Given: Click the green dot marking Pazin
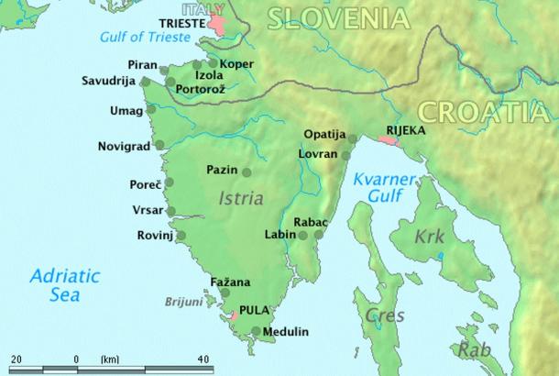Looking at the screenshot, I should [246, 171].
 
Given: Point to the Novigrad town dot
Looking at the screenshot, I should [159, 145].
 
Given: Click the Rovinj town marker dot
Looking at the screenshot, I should [181, 236].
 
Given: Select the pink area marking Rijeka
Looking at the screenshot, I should [389, 142].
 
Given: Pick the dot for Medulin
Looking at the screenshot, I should [255, 331].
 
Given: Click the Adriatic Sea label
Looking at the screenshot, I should [55, 284].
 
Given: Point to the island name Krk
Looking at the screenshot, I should [428, 237].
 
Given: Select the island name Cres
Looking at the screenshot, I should [378, 315].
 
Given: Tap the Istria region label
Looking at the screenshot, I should [241, 197].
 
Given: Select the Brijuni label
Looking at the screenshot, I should [184, 301].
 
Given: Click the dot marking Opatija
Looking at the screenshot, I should [351, 139].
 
